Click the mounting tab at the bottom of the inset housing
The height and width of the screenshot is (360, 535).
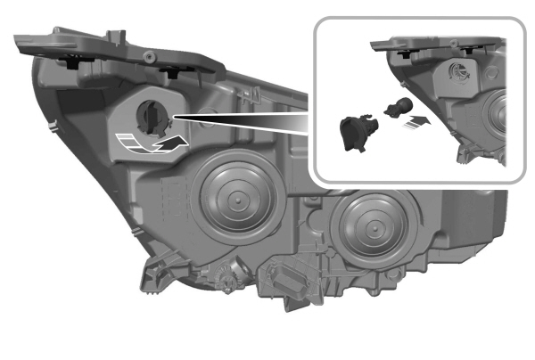click(463, 157)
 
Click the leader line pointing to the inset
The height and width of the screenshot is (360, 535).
click(241, 118)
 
